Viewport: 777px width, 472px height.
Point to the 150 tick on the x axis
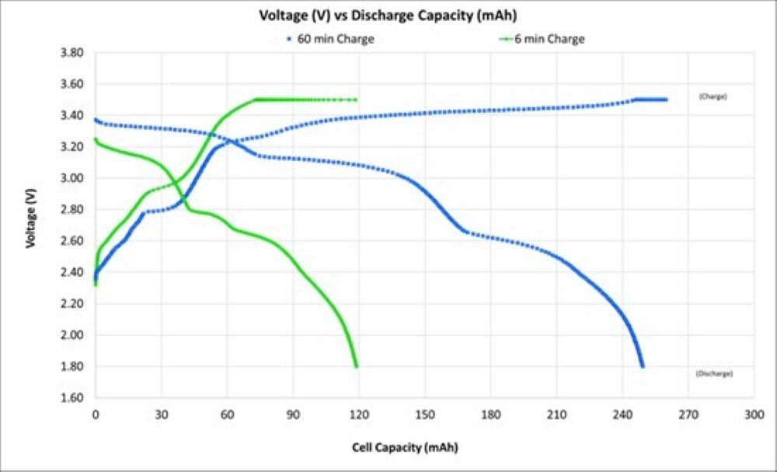[x=424, y=415]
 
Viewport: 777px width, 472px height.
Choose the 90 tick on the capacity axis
[x=293, y=415]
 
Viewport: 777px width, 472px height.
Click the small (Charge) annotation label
[x=712, y=97]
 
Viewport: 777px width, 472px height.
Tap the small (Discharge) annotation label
[x=714, y=374]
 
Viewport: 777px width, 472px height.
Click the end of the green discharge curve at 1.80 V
[x=357, y=366]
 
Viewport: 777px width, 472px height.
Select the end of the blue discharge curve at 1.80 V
[x=643, y=366]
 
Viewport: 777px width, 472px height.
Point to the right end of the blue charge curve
[x=666, y=100]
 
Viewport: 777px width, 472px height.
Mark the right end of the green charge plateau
[x=356, y=100]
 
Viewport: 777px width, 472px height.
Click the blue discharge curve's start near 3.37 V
[x=96, y=120]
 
